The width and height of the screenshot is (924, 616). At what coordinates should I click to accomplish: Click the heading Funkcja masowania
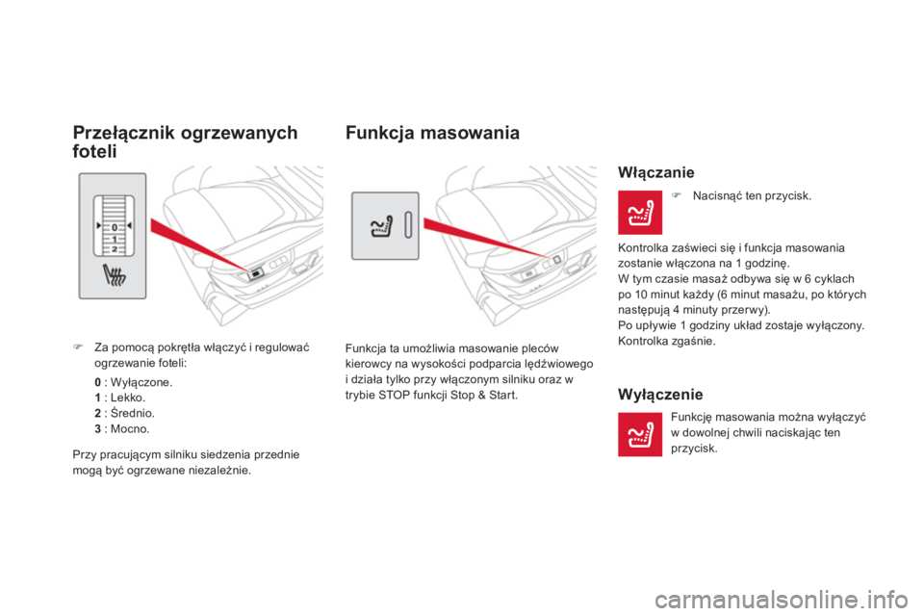point(432,134)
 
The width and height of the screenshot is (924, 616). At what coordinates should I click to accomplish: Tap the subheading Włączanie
point(650,174)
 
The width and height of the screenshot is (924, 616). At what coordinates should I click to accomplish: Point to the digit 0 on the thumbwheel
point(114,227)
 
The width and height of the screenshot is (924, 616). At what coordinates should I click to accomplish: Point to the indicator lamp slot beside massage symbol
point(408,225)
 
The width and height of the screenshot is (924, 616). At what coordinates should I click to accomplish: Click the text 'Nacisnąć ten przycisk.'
point(750,195)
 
